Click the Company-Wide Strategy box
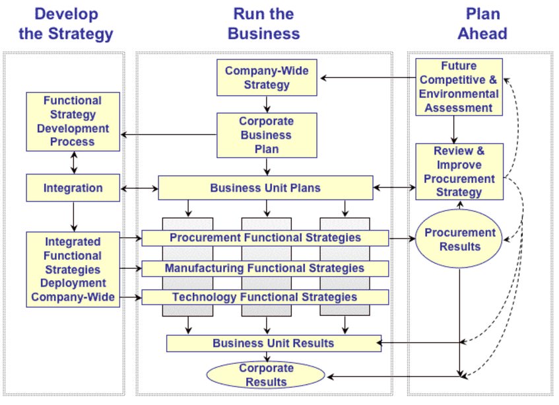click(x=267, y=77)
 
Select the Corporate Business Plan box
click(x=267, y=135)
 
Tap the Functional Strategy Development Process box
click(x=73, y=122)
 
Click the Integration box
click(x=73, y=188)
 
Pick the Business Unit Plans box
click(x=265, y=188)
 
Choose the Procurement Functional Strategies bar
click(x=265, y=238)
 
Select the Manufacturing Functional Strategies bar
click(x=265, y=268)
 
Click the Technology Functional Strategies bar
click(x=265, y=297)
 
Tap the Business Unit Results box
click(x=273, y=344)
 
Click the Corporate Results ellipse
click(x=265, y=375)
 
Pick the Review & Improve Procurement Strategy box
click(x=459, y=172)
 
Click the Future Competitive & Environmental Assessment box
click(x=459, y=87)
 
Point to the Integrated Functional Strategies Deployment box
click(x=73, y=270)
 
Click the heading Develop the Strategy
click(x=65, y=24)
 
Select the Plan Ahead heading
click(x=482, y=24)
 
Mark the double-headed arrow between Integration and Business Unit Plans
click(x=139, y=188)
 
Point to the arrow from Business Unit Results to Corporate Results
click(x=267, y=357)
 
